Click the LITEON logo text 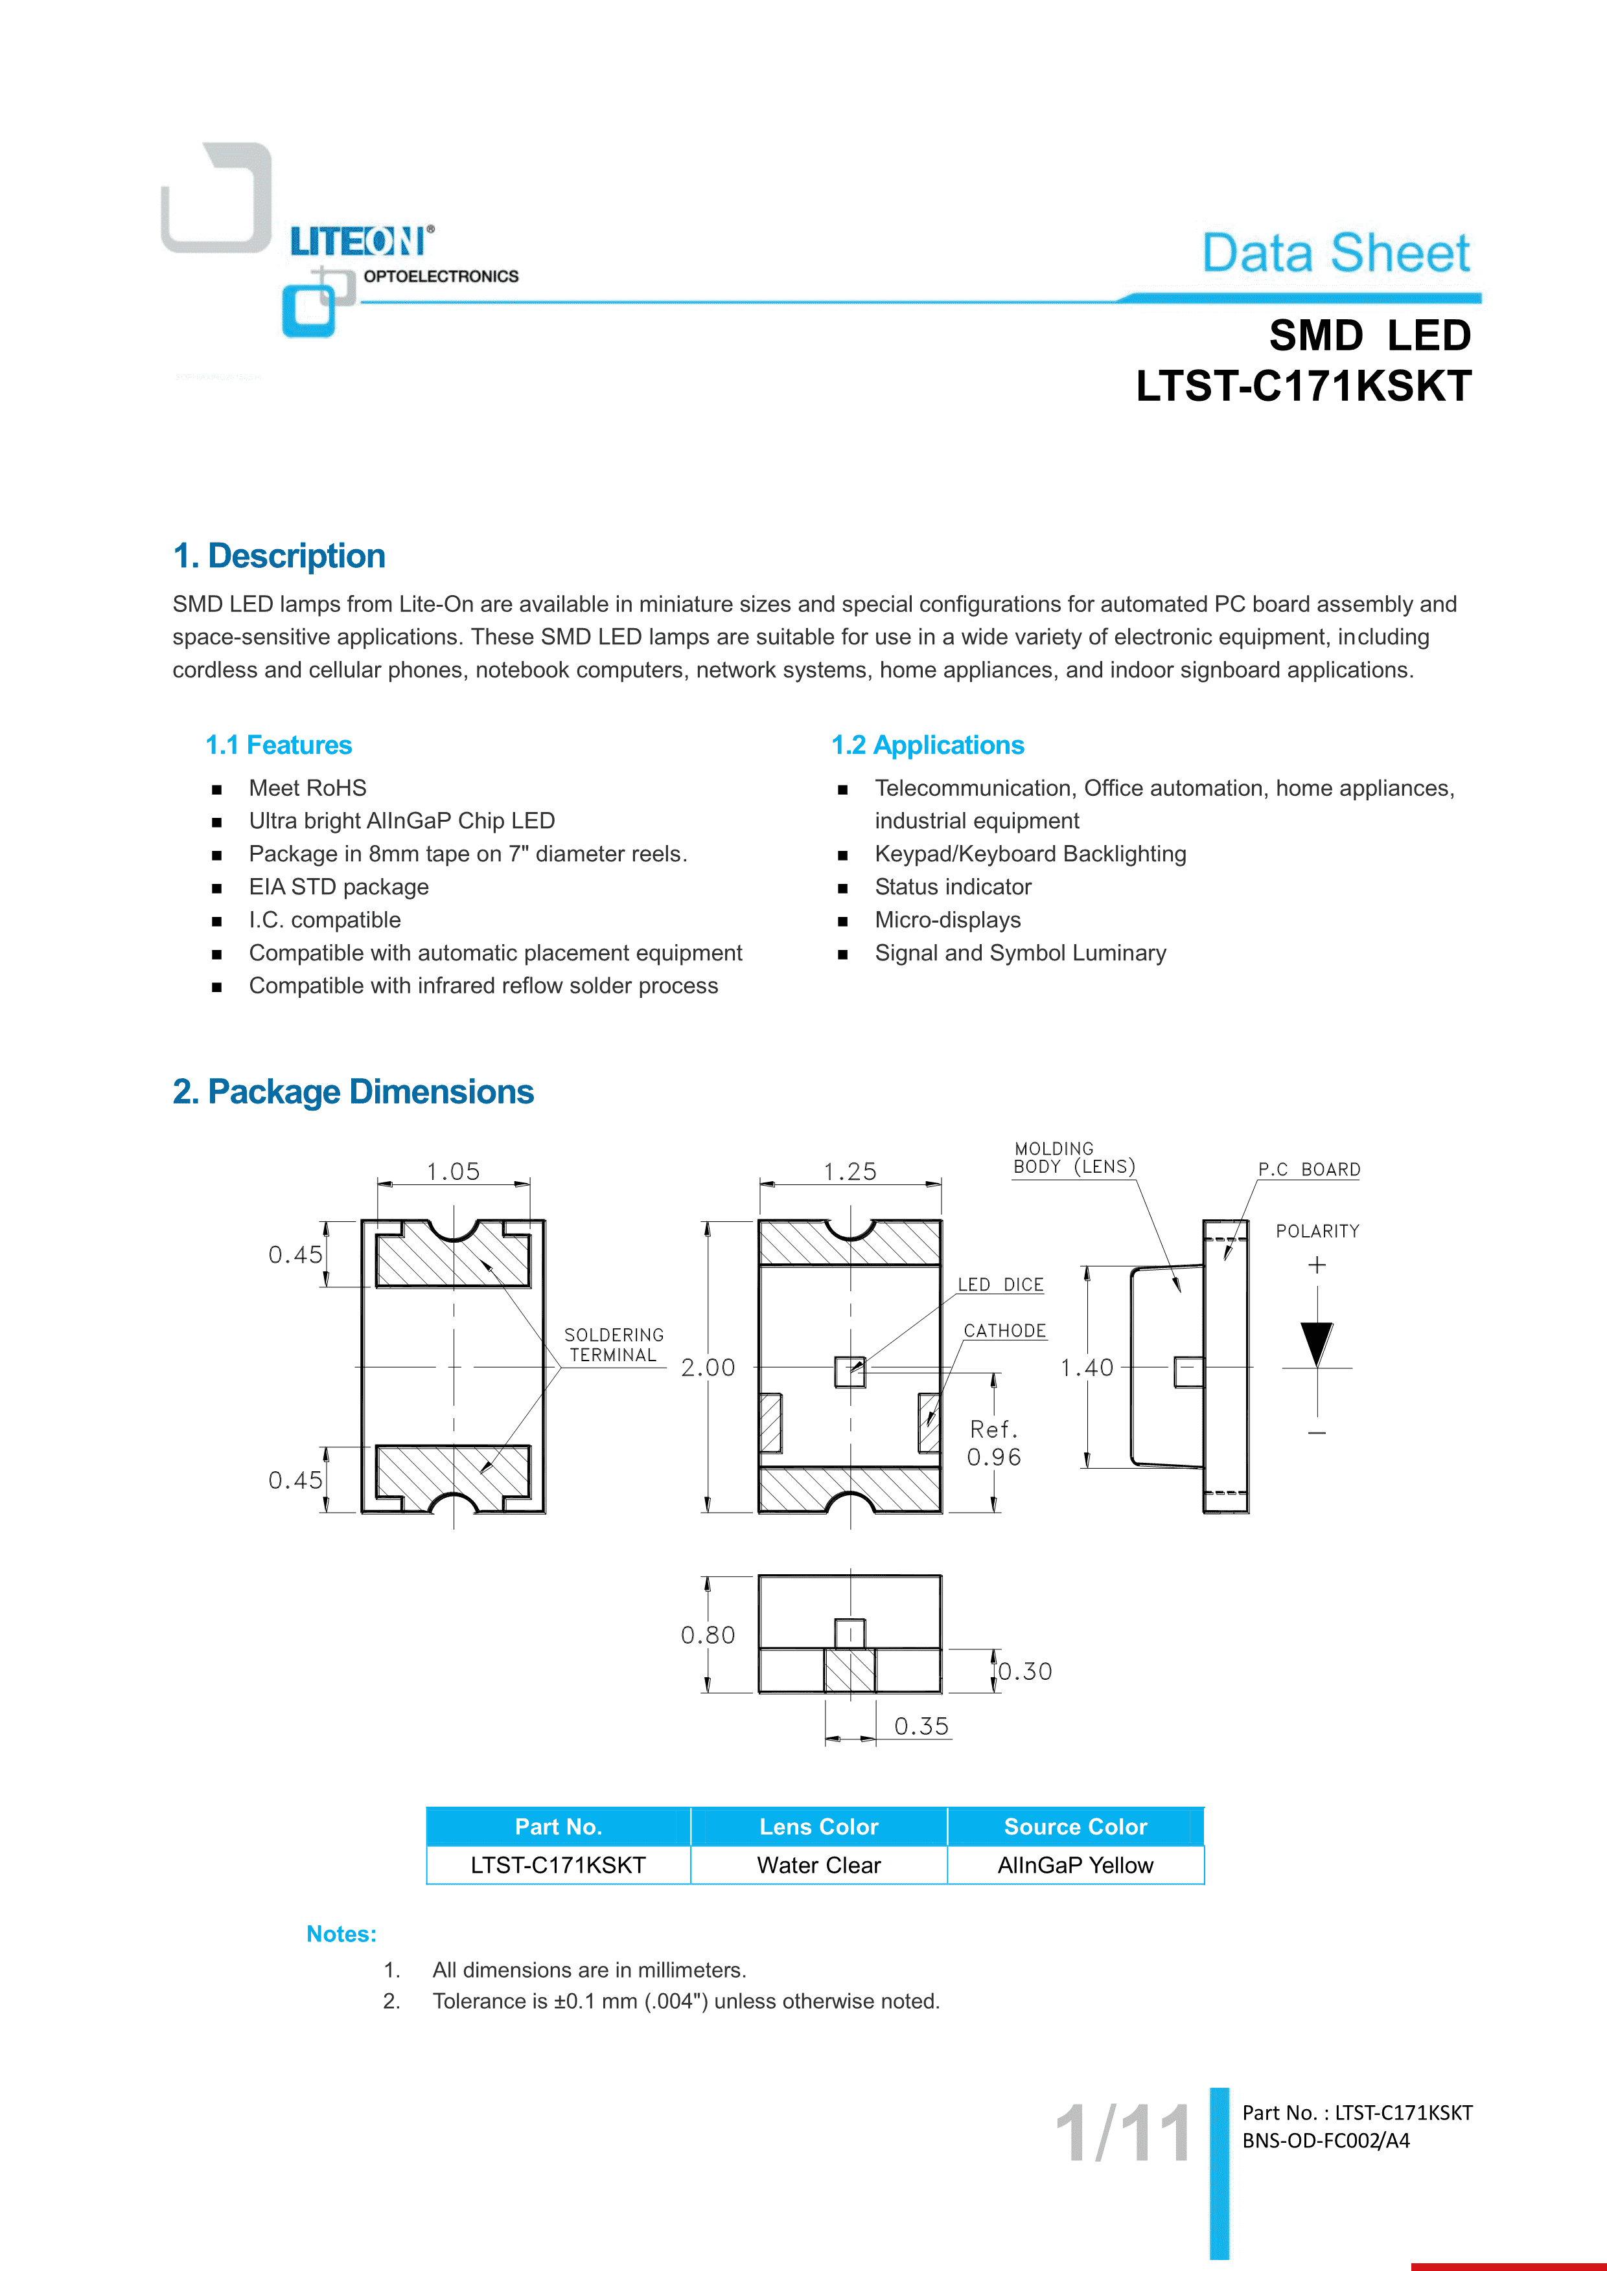358,242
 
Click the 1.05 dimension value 453,1172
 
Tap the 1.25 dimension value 850,1172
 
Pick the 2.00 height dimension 708,1368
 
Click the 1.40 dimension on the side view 1087,1368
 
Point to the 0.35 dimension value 921,1726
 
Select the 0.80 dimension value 708,1635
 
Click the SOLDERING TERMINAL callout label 614,1345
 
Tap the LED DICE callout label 1000,1285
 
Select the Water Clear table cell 818,1866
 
